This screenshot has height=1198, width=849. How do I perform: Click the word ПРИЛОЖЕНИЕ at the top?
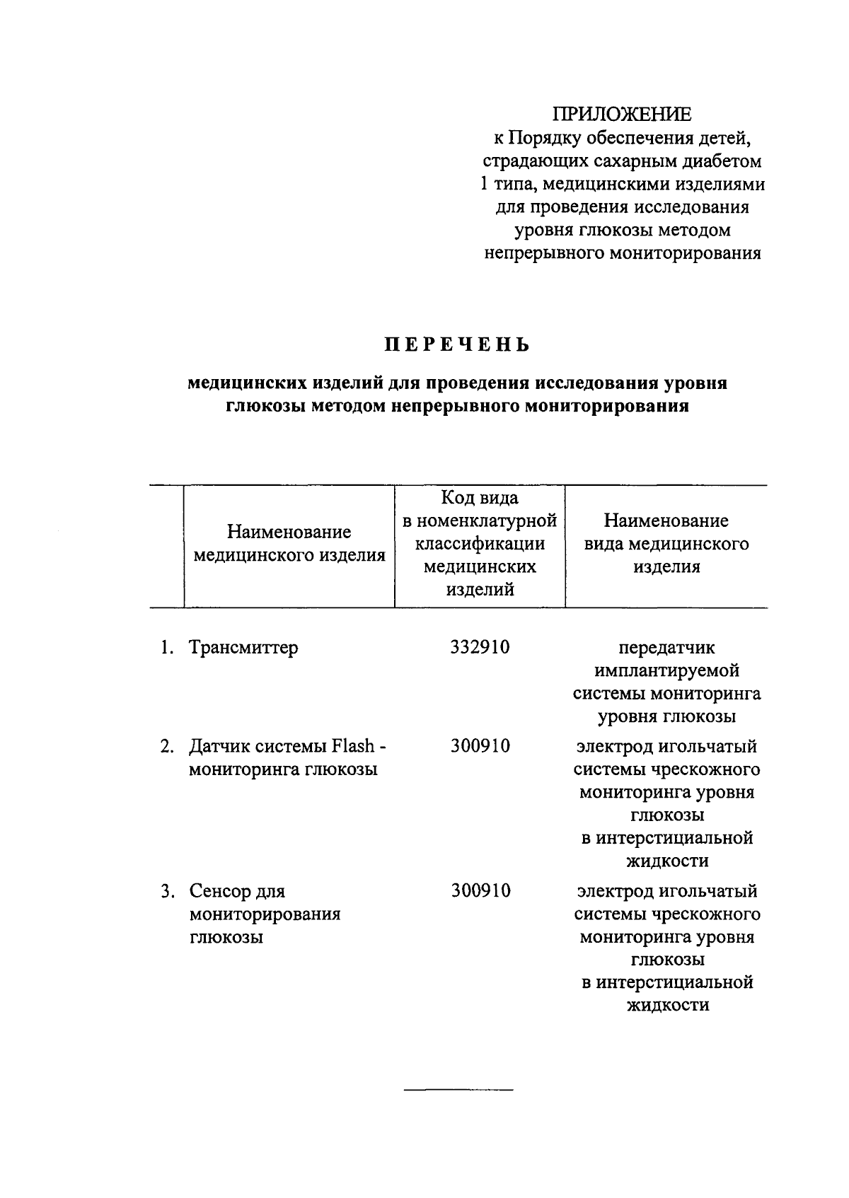tap(622, 114)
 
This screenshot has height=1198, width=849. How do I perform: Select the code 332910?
tap(480, 647)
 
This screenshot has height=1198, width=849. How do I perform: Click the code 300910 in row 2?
tap(480, 746)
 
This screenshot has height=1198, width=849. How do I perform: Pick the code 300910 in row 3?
tap(480, 891)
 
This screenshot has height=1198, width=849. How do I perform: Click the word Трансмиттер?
tap(243, 647)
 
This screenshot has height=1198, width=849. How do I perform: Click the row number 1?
tap(166, 647)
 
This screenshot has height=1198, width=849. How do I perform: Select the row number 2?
tap(166, 746)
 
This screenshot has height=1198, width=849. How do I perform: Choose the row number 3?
tap(166, 891)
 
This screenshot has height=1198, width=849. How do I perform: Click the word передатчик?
tap(666, 647)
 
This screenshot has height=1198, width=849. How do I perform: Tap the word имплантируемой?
tap(666, 670)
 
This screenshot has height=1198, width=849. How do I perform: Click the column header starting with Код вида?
tap(480, 544)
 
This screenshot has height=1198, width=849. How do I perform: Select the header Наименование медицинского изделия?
tap(289, 544)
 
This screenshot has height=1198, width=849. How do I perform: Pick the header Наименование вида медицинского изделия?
tap(666, 544)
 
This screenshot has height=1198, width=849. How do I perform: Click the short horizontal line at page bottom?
tap(458, 1090)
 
